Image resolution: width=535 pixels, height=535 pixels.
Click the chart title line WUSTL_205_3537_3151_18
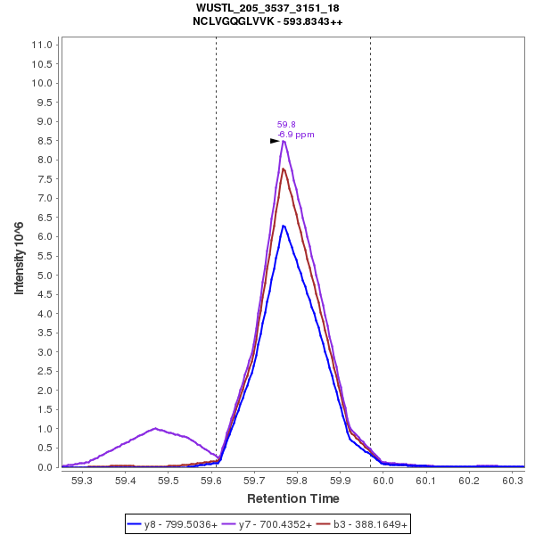click(x=267, y=8)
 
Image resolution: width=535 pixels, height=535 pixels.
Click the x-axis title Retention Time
click(x=293, y=498)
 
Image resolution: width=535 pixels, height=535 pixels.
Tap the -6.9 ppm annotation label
click(x=296, y=135)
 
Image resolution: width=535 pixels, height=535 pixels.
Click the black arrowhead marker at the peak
click(x=276, y=141)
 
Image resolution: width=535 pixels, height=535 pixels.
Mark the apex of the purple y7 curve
click(x=284, y=141)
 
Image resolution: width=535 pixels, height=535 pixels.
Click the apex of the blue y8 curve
click(x=284, y=226)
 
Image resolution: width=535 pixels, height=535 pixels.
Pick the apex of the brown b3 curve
click(x=284, y=169)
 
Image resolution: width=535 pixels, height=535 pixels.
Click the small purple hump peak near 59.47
click(x=155, y=429)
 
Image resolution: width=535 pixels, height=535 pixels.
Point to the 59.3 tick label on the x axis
click(x=81, y=480)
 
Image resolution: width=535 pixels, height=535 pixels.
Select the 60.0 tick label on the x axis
click(x=383, y=480)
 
